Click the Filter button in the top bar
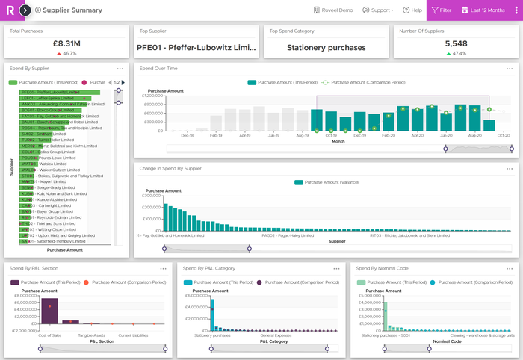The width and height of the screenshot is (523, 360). coord(441,10)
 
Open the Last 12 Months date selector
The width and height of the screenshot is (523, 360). coord(486,10)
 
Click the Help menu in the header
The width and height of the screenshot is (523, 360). coord(412,10)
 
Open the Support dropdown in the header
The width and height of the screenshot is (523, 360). coord(377,10)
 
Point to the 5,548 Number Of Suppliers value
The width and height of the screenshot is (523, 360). coord(456,44)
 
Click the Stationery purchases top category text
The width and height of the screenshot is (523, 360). coord(327,47)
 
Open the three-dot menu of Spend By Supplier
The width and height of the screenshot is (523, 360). coord(120,68)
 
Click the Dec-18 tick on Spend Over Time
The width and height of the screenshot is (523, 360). coord(188,136)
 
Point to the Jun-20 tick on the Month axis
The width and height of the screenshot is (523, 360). coord(446,136)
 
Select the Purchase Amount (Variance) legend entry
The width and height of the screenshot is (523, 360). coord(328,181)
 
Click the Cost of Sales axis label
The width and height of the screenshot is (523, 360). coord(49,335)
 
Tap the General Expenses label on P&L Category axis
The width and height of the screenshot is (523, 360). coord(275,335)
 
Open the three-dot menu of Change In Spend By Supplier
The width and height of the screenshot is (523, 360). coord(510,168)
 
